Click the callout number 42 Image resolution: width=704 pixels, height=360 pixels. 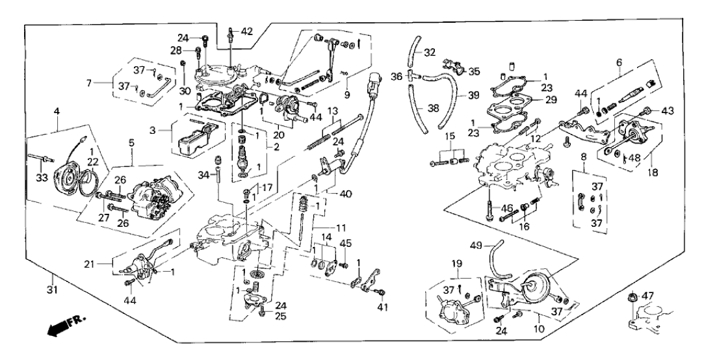point(248,31)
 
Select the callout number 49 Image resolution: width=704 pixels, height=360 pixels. point(476,246)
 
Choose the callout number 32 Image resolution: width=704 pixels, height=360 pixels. point(430,52)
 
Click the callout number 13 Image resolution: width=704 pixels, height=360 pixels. point(332,110)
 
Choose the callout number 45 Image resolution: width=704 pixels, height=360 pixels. point(345,243)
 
